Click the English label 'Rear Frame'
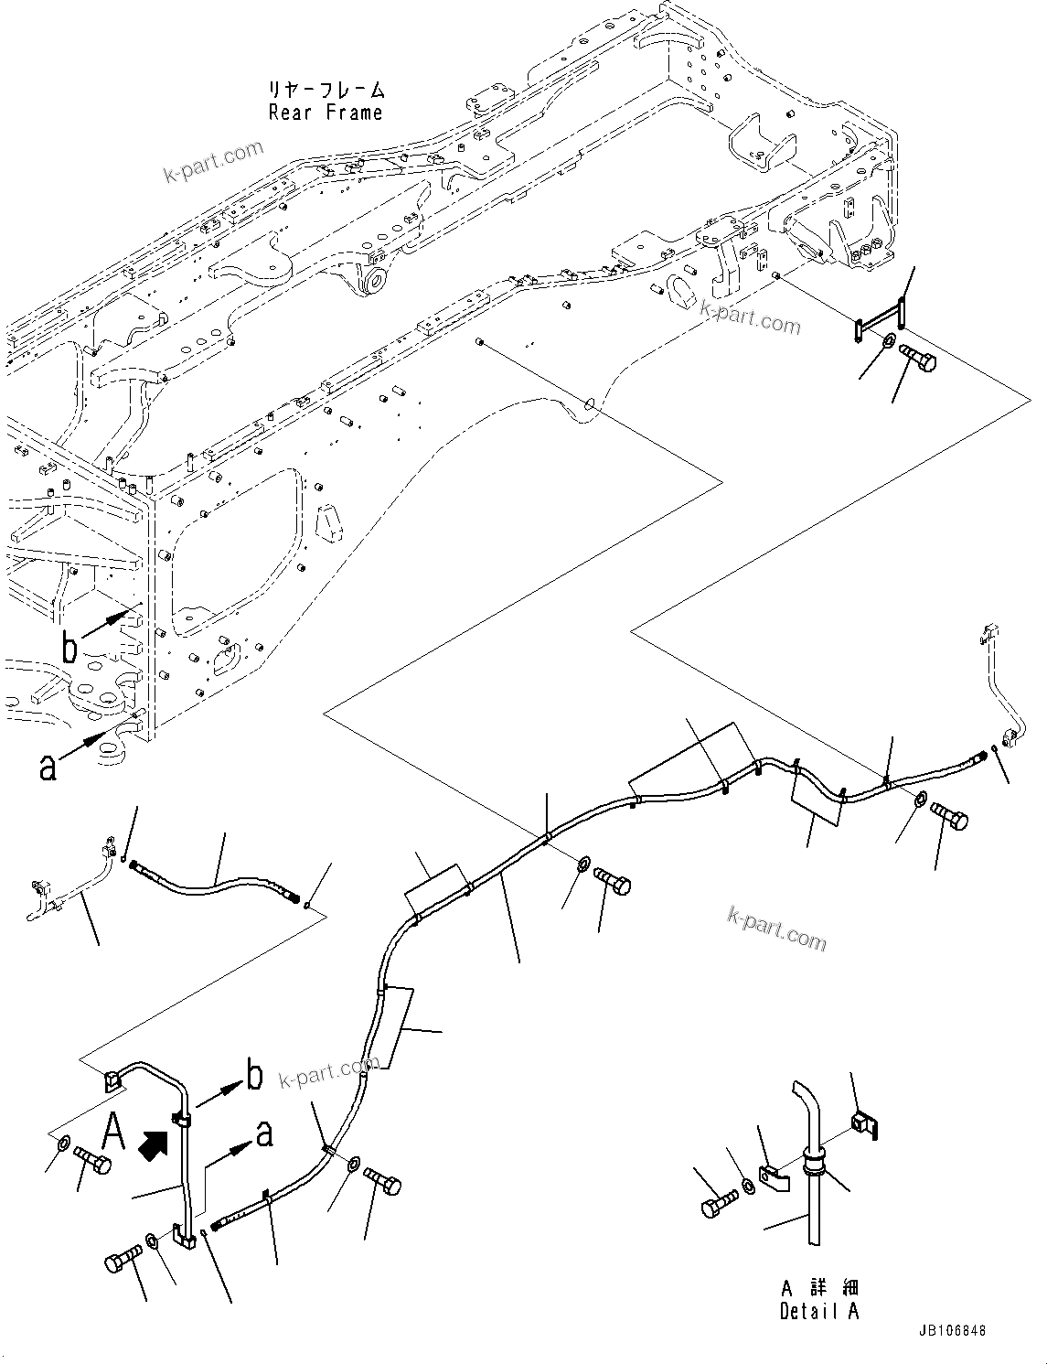[325, 113]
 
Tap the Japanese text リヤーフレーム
[325, 91]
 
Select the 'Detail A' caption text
[818, 1311]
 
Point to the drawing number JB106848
[949, 1332]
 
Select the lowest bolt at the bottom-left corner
[122, 1264]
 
